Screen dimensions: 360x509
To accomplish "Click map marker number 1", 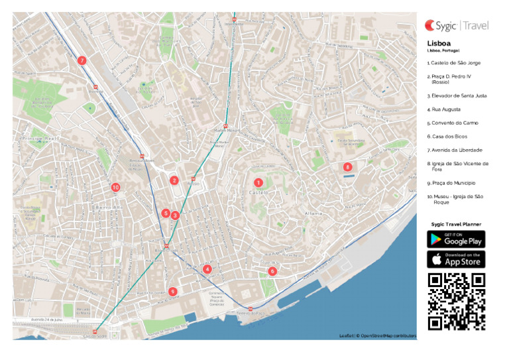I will coord(258,182).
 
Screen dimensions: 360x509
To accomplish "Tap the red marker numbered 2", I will coord(174,180).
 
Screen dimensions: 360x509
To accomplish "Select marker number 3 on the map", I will coord(175,215).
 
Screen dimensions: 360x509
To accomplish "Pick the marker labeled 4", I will coord(207,269).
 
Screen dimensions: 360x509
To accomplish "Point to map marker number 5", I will coord(166,213).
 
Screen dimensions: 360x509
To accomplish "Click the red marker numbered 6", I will coord(272,271).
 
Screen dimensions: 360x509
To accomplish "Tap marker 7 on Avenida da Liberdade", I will coord(82,60).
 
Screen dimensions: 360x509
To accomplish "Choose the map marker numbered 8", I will coord(348,167).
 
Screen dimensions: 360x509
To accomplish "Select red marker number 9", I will coord(172,291).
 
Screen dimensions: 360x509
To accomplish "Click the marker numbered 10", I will coord(115,188).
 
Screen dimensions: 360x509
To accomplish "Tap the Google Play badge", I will coord(456,239).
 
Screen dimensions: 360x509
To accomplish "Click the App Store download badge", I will coord(456,259).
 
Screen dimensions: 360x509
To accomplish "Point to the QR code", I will coord(456,302).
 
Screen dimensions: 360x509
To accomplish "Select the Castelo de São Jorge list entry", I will coord(455,63).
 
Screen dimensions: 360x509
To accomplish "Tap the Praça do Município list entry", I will coord(452,182).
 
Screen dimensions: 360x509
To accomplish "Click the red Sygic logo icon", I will coord(430,25).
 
